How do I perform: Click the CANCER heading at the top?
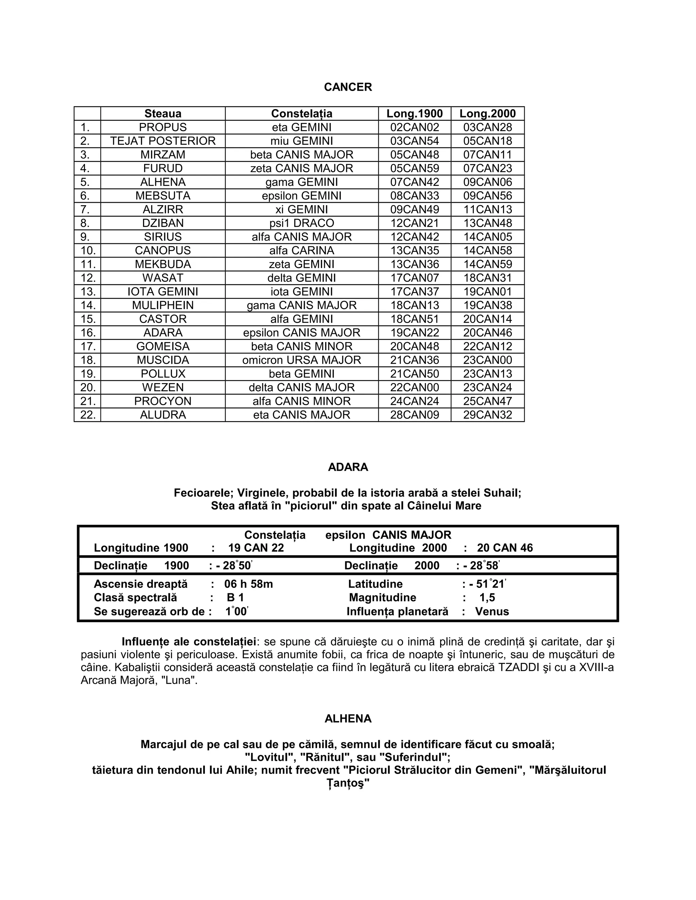click(348, 87)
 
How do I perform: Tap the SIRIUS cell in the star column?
click(163, 237)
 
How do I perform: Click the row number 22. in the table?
click(88, 415)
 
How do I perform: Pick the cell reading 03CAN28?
click(487, 127)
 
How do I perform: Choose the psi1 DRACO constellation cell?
click(301, 223)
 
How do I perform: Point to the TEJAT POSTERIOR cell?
click(163, 141)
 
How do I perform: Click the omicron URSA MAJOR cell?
click(301, 360)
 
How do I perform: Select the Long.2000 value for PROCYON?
click(487, 401)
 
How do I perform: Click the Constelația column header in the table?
click(301, 114)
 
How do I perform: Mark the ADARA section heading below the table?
click(348, 467)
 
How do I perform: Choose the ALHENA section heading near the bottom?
click(348, 719)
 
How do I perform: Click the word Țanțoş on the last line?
click(348, 784)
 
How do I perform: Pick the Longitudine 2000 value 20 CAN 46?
click(505, 548)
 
